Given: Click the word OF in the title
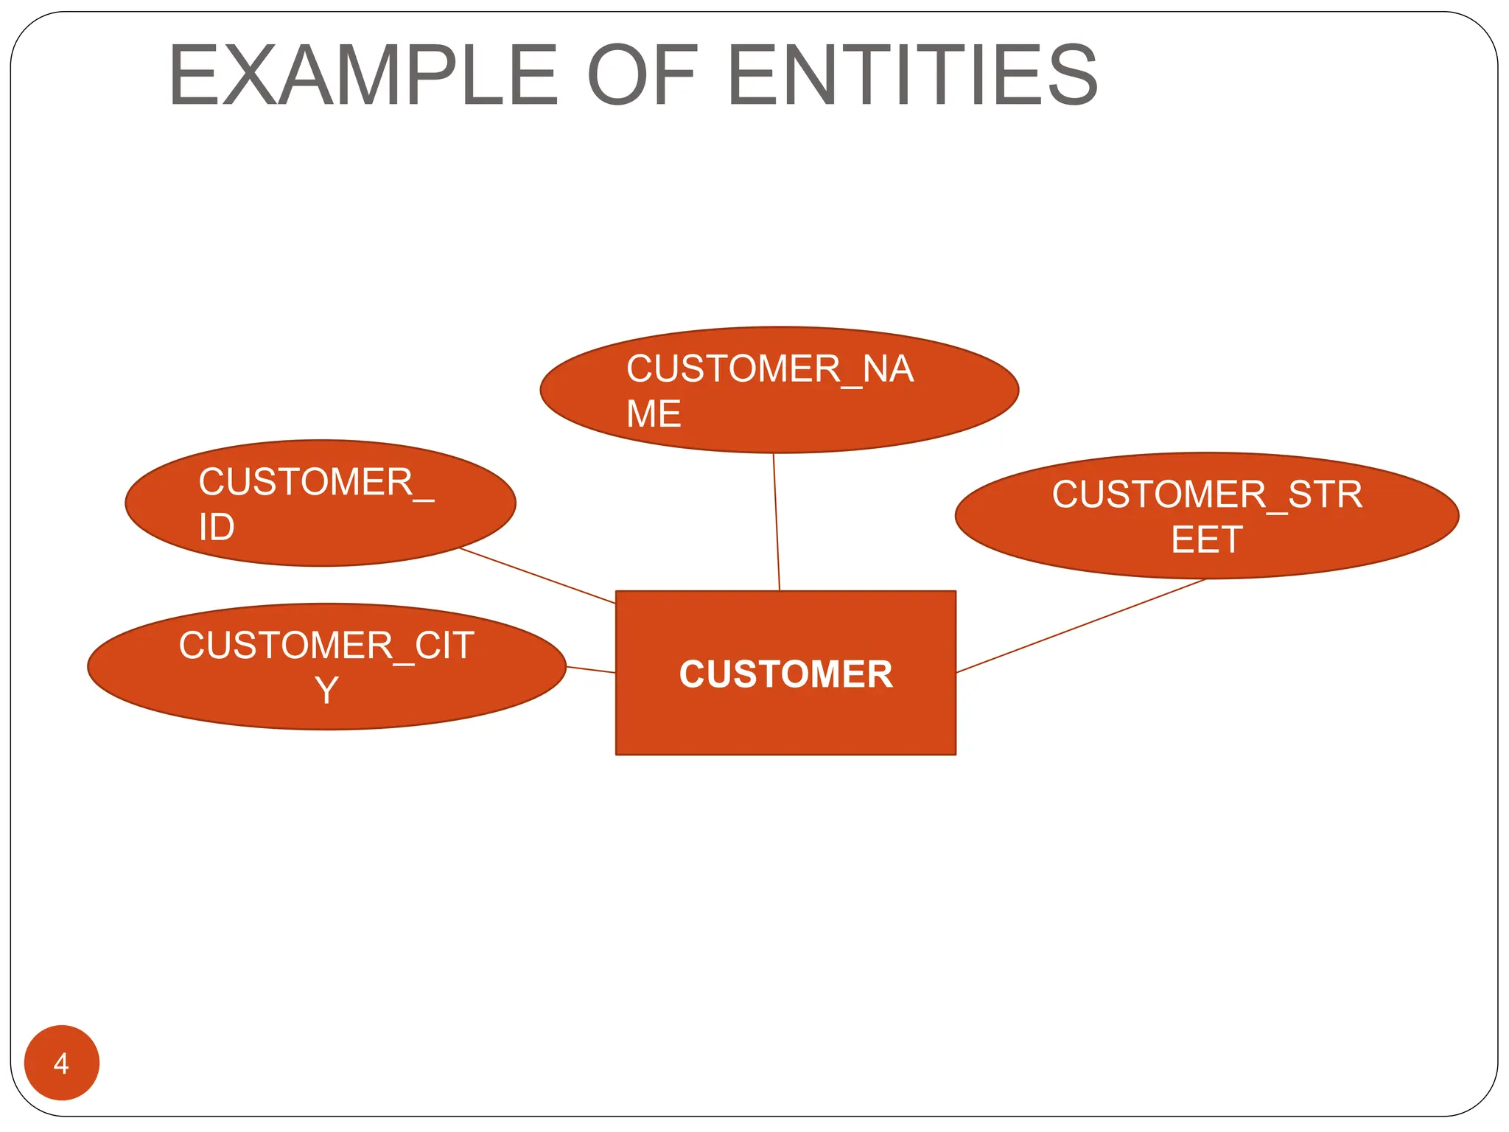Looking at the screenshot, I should click(x=641, y=75).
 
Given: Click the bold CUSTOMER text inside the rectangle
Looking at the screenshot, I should click(x=785, y=674).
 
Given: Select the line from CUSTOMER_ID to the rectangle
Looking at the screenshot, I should click(x=538, y=576).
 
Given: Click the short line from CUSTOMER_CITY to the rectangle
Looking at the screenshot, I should click(x=591, y=669).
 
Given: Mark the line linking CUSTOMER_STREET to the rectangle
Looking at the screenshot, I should click(x=1081, y=626).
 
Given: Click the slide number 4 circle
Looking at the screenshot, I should click(x=62, y=1062).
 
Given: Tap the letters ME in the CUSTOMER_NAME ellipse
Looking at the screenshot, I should click(x=653, y=413).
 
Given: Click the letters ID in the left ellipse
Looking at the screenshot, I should click(x=217, y=527).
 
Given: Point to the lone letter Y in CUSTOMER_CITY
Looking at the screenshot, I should click(x=326, y=691).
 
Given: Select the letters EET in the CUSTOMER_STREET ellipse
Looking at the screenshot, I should click(x=1207, y=539).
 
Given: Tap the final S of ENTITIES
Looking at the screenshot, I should click(x=1072, y=75).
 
